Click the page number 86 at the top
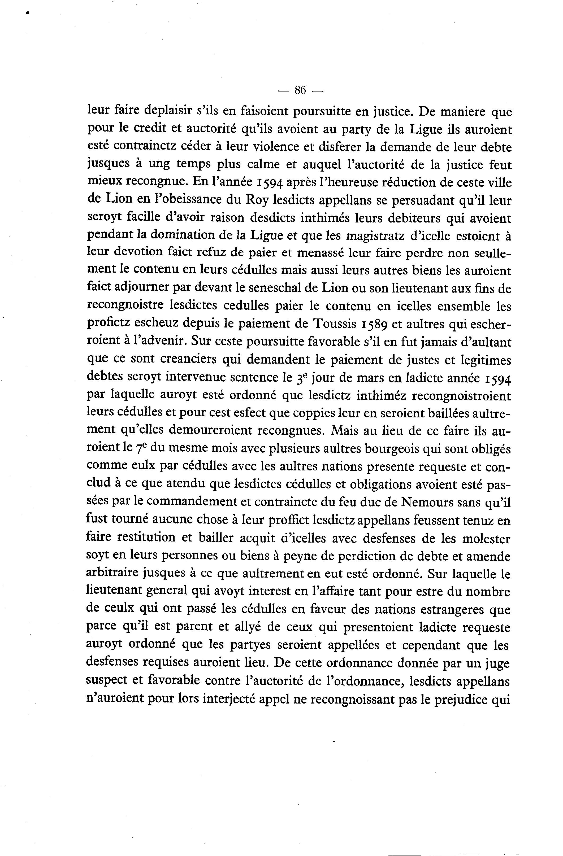point(300,90)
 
